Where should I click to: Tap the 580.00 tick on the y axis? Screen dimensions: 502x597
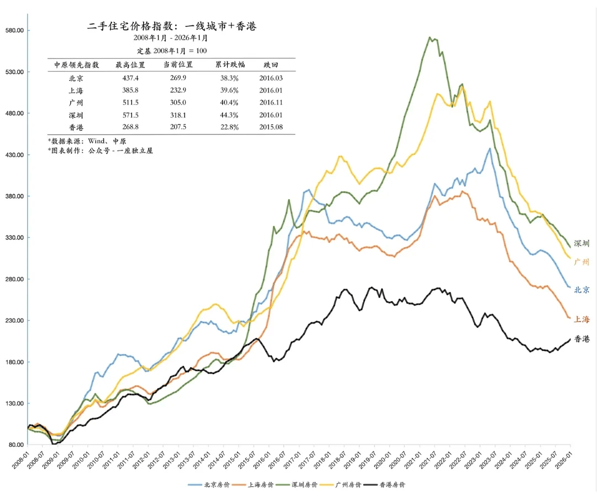[15, 30]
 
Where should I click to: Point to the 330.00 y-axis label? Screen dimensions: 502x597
[15, 238]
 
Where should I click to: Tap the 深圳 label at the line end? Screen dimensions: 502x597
[582, 243]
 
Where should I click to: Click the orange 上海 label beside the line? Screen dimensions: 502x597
[582, 319]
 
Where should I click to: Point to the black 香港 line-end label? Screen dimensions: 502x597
[582, 339]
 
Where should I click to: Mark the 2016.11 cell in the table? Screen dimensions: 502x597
[271, 103]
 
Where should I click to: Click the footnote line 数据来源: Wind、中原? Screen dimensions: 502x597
[87, 141]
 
